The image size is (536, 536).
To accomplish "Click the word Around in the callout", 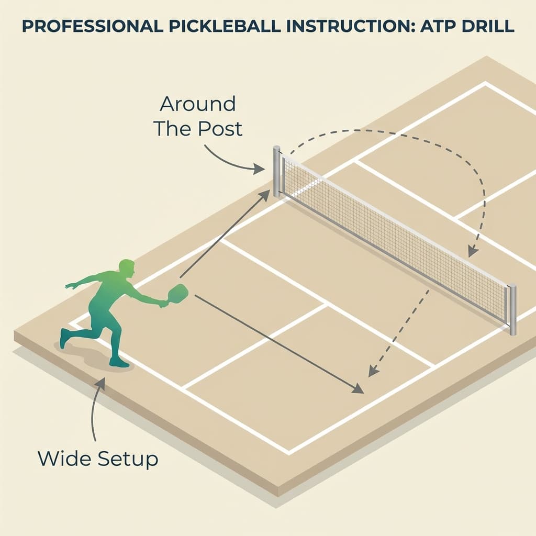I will [198, 104].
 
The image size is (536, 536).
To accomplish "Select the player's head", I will [126, 268].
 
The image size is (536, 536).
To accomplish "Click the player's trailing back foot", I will [64, 338].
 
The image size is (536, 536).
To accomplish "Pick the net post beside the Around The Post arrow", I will [276, 172].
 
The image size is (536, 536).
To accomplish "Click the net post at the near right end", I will [512, 309].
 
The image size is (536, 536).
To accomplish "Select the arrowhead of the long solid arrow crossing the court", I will [359, 390].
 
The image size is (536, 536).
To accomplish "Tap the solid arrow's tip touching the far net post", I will [266, 194].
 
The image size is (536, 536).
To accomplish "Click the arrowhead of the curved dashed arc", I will [472, 252].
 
